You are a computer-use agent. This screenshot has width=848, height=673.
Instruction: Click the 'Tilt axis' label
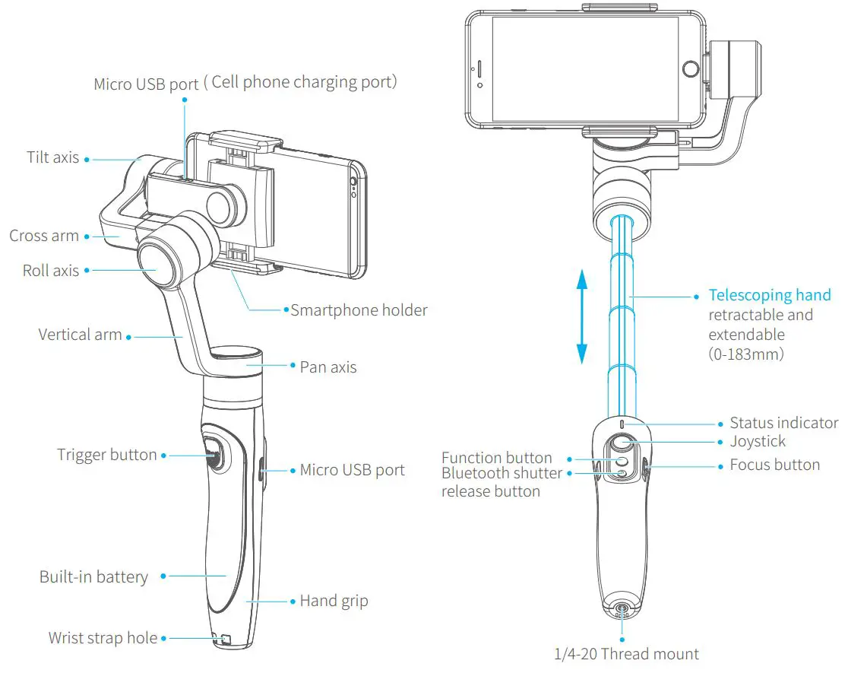tap(52, 157)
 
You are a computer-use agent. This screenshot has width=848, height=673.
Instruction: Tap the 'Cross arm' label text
tap(44, 236)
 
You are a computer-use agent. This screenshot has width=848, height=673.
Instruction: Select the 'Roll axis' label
tap(50, 270)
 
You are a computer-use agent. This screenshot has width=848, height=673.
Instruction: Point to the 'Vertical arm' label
tap(80, 335)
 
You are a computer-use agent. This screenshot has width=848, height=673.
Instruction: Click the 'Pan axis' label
tap(328, 367)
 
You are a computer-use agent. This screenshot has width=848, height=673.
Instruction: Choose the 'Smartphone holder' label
tap(359, 310)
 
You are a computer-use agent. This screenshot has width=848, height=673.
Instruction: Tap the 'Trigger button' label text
tap(106, 455)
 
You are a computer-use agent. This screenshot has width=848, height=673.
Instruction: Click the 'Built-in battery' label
tap(93, 577)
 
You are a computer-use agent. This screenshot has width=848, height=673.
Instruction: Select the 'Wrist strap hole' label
tap(103, 638)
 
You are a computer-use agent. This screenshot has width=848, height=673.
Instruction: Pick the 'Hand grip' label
tap(334, 601)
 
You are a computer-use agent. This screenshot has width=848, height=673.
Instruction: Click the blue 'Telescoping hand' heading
tap(770, 295)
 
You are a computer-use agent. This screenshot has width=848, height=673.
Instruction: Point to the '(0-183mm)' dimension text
tap(746, 354)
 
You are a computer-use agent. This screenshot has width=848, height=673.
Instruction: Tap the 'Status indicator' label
tap(783, 423)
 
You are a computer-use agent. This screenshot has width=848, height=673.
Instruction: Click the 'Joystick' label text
tap(758, 441)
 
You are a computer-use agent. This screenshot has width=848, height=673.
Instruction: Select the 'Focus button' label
tap(774, 465)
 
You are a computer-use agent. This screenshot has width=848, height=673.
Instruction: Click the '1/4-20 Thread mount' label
tap(627, 653)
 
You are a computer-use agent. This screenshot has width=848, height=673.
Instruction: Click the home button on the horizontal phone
tap(690, 68)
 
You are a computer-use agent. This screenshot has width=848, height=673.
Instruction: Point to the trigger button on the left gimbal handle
tap(214, 456)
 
